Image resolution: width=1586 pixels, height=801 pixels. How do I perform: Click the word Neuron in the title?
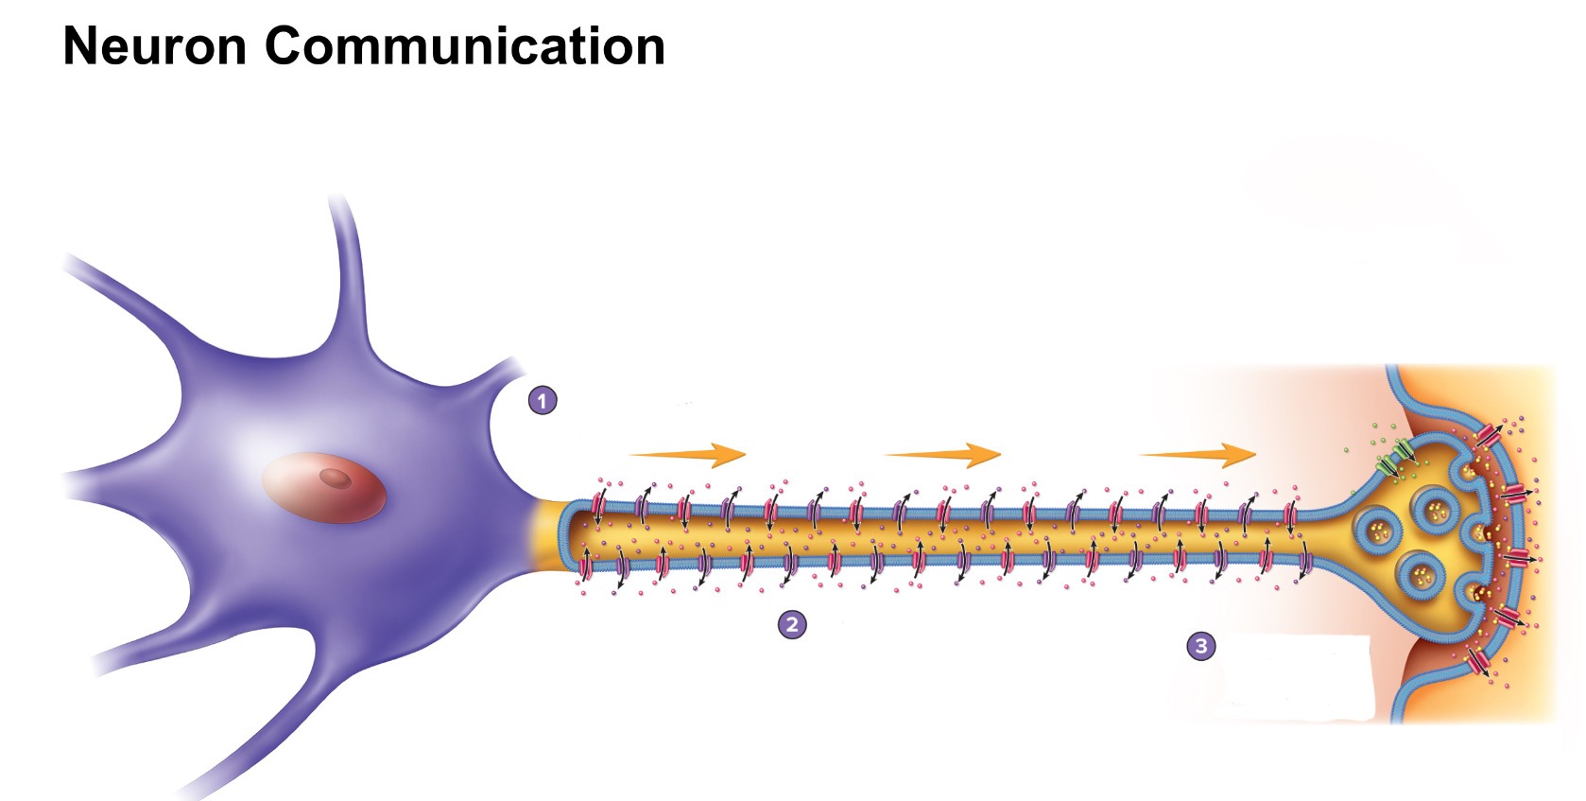click(x=154, y=45)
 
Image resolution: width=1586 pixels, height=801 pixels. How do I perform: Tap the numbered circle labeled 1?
click(x=542, y=401)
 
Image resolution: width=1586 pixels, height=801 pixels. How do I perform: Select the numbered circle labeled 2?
click(x=792, y=624)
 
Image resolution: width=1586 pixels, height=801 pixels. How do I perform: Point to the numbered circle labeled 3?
click(x=1201, y=646)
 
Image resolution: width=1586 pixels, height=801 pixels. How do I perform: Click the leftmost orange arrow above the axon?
click(x=688, y=455)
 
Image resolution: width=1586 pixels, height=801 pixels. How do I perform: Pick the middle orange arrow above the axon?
click(x=943, y=455)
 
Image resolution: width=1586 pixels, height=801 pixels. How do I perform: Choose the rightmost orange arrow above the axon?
click(x=1198, y=455)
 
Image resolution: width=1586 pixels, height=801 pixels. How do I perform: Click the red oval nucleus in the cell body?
click(x=324, y=487)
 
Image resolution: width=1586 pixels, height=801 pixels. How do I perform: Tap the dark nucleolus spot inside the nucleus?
click(x=334, y=478)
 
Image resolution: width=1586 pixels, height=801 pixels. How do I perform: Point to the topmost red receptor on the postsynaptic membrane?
click(x=1489, y=436)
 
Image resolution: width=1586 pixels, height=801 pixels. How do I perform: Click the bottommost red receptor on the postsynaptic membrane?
click(x=1481, y=663)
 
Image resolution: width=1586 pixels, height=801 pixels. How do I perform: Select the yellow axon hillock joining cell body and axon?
click(x=545, y=536)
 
